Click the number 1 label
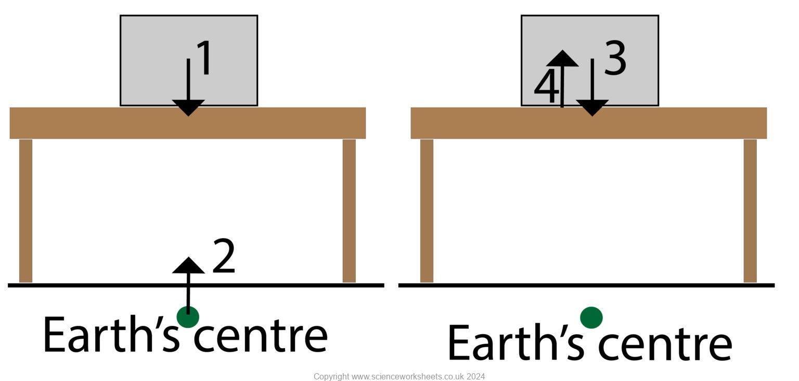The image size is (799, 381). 204,58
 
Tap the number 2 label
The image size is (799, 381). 224,256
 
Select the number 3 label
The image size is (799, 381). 615,59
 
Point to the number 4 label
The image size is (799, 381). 546,88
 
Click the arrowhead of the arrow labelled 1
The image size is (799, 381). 188,108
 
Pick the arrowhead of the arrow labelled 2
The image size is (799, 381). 188,265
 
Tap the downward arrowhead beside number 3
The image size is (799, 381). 592,108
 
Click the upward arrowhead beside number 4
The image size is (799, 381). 562,59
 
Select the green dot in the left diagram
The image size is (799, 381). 188,317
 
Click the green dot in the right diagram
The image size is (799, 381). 591,318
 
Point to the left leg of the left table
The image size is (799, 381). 26,211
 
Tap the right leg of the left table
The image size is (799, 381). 349,211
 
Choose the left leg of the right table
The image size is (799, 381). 427,211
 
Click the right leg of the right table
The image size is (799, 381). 750,211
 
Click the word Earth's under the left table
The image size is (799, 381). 111,335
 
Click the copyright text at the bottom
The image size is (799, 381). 399,376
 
